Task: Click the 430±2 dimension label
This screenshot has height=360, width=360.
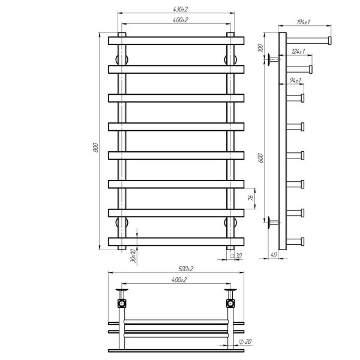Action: [x=180, y=10]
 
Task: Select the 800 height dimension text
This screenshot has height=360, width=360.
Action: [x=96, y=148]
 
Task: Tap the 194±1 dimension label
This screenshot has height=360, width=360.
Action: [x=303, y=22]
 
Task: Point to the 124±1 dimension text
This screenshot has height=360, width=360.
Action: [x=298, y=52]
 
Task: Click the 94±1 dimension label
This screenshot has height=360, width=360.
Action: [x=295, y=80]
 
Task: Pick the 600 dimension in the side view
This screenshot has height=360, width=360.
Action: [x=261, y=158]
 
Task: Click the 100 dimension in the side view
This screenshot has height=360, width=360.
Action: [x=260, y=47]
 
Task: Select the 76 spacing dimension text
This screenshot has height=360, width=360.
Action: [x=251, y=197]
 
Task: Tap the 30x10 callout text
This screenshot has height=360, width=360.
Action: [x=133, y=256]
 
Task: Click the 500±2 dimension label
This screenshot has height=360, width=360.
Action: [x=186, y=269]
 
